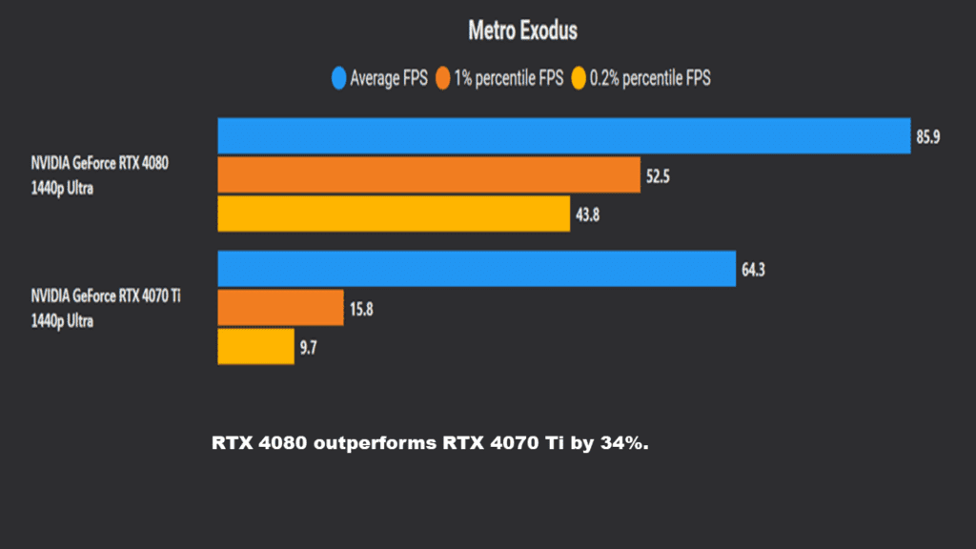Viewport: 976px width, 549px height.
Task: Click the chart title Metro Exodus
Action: pos(522,30)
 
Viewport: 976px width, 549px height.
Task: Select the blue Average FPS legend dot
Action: pos(338,79)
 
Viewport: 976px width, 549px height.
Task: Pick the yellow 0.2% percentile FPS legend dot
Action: pos(579,79)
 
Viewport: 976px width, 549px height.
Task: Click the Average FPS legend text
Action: pos(389,79)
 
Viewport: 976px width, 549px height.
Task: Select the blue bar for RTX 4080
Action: pos(563,136)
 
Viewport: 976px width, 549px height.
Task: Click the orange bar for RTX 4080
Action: pos(428,174)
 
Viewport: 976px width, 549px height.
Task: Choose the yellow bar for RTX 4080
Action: pos(394,213)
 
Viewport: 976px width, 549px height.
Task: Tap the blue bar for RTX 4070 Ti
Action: pos(477,269)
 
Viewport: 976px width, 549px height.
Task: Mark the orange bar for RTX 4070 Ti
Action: pos(280,308)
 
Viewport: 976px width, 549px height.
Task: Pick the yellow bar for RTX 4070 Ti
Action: pos(255,347)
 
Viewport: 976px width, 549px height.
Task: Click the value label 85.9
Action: pos(929,137)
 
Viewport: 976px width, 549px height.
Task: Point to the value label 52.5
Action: pos(660,175)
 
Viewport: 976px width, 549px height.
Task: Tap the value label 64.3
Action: pos(754,270)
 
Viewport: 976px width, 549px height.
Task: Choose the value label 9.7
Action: pos(309,348)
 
